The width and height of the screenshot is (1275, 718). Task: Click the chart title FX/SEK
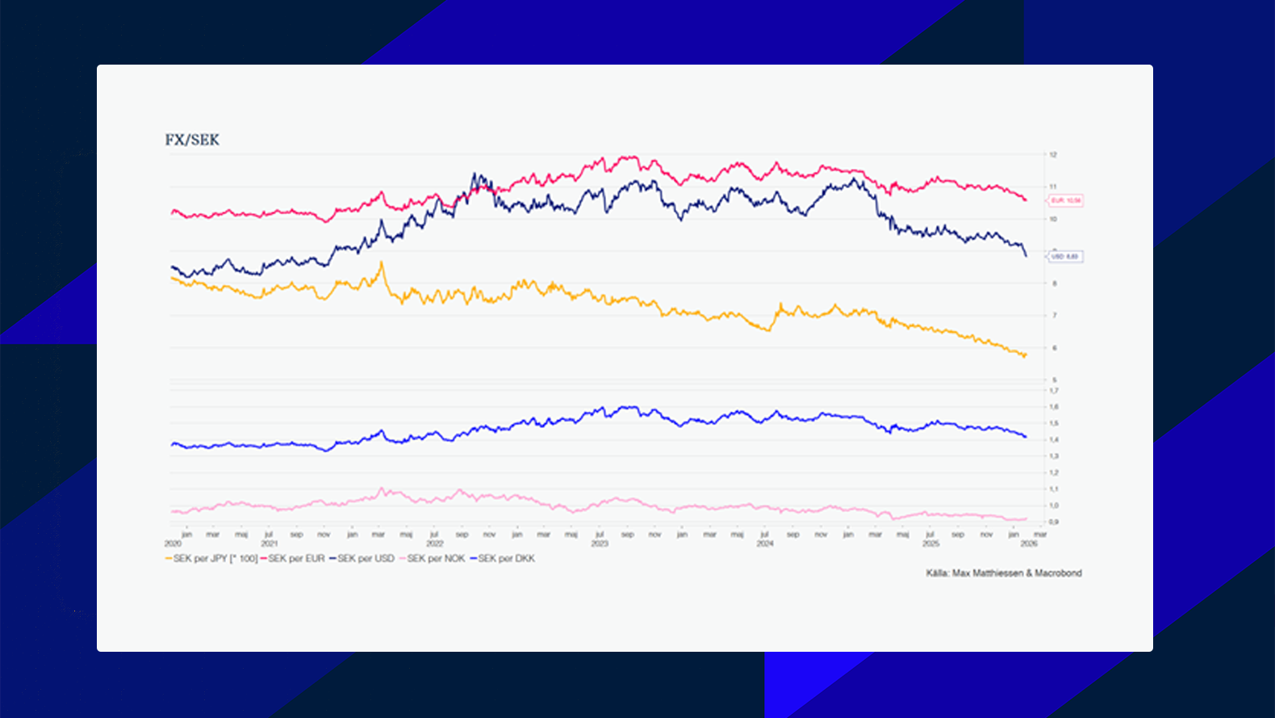coord(192,140)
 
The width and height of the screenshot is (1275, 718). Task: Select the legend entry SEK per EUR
coord(296,559)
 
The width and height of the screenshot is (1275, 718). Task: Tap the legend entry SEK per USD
coord(366,559)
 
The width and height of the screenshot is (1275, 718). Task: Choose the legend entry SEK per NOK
coord(436,559)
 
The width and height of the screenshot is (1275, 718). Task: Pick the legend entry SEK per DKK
coord(506,559)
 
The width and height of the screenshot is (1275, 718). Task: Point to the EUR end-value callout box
coord(1066,200)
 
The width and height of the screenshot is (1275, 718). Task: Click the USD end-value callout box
coord(1065,257)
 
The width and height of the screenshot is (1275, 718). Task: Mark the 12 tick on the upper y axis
coord(1053,154)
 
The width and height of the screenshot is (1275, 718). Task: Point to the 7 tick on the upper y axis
coord(1054,316)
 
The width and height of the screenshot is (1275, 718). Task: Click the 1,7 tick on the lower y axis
coord(1054,391)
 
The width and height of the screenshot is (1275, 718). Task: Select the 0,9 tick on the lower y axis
coord(1054,522)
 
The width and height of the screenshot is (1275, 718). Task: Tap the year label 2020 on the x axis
coord(173,544)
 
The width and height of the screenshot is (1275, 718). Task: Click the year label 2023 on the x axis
coord(599,544)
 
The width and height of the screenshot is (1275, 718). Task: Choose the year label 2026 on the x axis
coord(1029,544)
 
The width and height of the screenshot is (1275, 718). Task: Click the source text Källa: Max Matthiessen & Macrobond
coord(1004,573)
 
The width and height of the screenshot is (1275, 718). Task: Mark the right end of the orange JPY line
coord(1026,354)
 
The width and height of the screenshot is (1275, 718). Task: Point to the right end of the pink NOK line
coord(1026,519)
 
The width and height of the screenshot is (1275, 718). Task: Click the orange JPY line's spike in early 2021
coord(381,262)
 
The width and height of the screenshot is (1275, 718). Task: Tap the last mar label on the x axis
coord(1040,535)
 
